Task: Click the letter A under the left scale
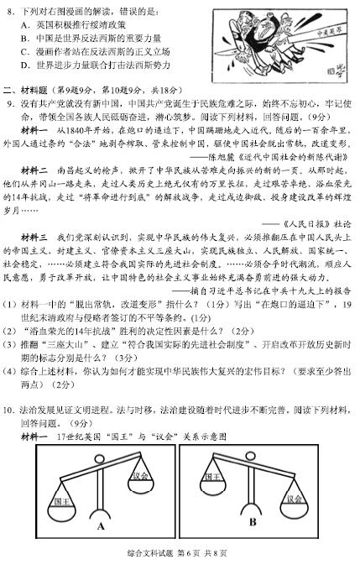click(x=100, y=526)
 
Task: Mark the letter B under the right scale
click(x=253, y=522)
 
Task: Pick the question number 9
click(x=13, y=102)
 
